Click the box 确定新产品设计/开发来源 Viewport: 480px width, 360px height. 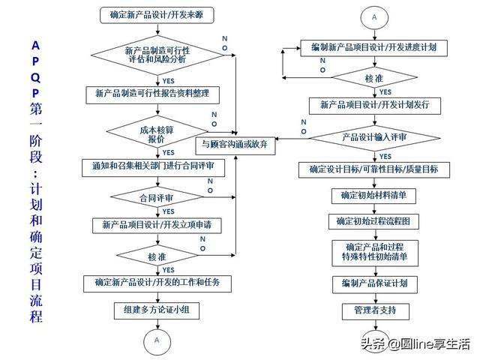156,14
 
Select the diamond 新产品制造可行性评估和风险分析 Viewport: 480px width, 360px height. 156,55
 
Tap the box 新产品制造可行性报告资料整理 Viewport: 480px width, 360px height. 156,94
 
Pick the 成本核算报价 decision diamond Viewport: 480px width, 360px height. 156,133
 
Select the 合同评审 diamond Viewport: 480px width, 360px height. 156,197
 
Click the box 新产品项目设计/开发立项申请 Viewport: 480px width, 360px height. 156,224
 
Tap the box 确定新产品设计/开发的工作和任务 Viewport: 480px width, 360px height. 156,283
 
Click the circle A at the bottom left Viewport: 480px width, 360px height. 157,340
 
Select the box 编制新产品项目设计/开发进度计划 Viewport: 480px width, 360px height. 373,46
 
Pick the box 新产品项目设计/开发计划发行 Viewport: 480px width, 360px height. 373,105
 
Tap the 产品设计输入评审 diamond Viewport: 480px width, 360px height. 373,137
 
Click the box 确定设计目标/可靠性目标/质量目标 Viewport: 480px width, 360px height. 373,169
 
